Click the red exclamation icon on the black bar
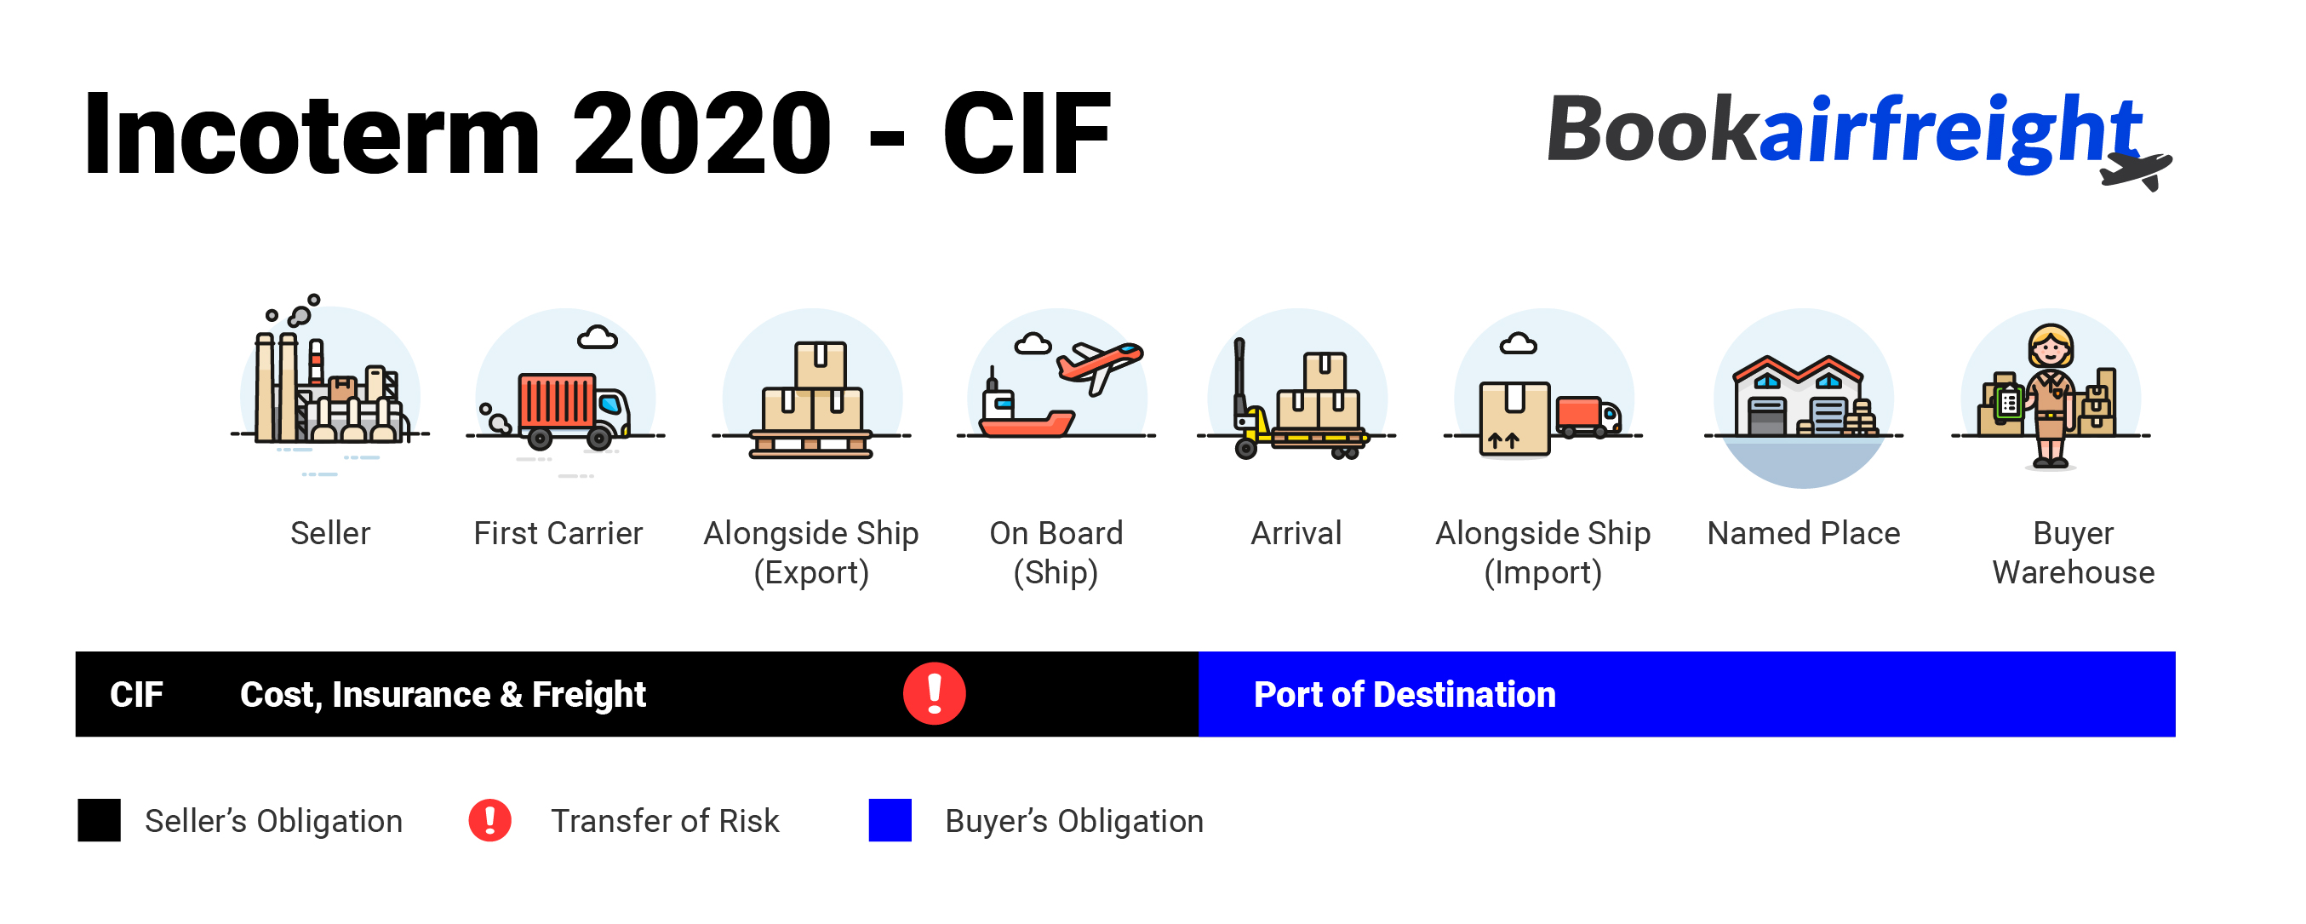[x=934, y=694]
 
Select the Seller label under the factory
[x=329, y=534]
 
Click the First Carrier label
[x=558, y=534]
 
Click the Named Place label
[x=1803, y=534]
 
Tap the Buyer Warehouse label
[x=2073, y=553]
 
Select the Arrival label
[x=1296, y=534]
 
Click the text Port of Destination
[x=1404, y=695]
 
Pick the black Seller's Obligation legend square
[x=99, y=820]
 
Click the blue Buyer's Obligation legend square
[x=890, y=820]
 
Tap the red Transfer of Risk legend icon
[x=489, y=820]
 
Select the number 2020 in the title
[x=701, y=135]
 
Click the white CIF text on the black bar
[x=136, y=695]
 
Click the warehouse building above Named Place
[x=1800, y=398]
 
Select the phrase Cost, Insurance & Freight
[x=443, y=695]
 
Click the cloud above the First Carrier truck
[x=597, y=337]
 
